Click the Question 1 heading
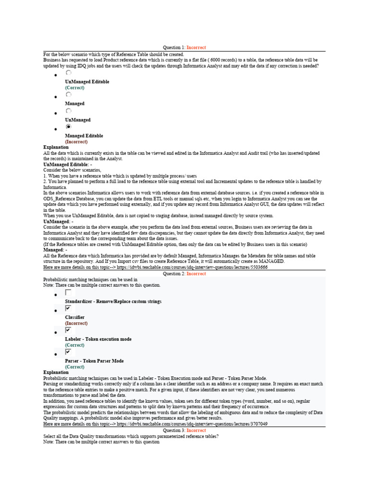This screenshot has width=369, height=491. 184,47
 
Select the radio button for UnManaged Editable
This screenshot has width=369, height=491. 68,73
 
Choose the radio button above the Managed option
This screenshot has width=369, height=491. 68,95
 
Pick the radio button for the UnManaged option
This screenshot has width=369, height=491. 68,111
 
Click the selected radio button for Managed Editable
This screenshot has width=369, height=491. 68,127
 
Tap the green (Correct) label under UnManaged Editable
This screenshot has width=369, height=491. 74,88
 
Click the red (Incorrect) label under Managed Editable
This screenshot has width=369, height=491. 76,142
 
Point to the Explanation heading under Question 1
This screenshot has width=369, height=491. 56,147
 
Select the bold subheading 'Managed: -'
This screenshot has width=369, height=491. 55,250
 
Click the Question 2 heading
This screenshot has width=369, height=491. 184,274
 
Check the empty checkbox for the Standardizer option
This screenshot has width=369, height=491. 68,292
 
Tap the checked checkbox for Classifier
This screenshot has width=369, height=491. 68,308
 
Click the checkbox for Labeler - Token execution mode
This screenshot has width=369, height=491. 68,330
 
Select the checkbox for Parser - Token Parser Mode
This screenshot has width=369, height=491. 68,351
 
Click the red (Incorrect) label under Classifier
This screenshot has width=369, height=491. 76,324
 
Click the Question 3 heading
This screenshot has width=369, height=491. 184,431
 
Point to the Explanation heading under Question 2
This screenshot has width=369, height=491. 56,372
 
